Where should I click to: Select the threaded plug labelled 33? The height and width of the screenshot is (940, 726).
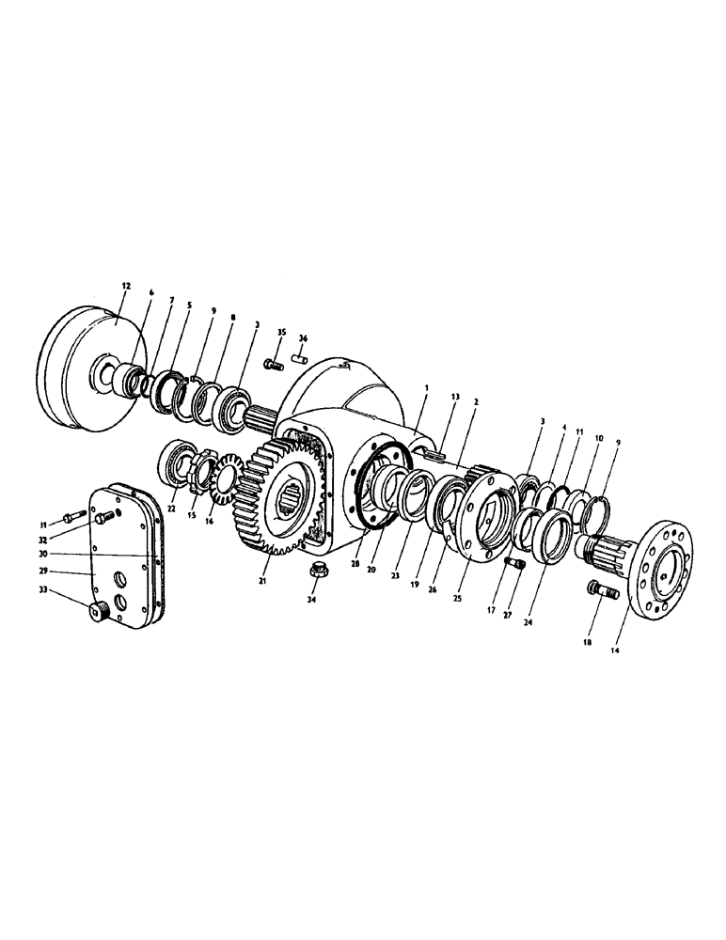tap(98, 615)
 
